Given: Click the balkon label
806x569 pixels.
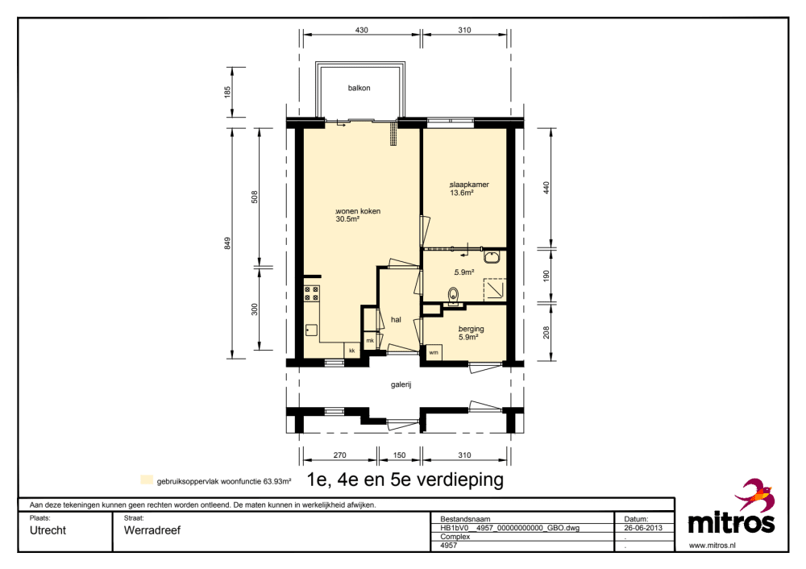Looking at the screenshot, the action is pos(359,88).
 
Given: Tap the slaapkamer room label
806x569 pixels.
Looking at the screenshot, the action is pos(469,185).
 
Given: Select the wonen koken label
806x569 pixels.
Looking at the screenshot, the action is pos(359,211).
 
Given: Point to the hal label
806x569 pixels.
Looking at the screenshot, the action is pos(396,320).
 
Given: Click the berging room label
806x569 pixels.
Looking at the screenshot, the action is pos(472,329).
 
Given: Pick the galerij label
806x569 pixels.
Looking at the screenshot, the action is pos(401,384).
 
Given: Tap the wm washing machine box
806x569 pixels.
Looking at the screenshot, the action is pos(434,353).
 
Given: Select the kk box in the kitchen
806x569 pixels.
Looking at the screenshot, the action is pos(352,351).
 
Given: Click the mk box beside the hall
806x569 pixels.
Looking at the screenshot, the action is pos(370,340).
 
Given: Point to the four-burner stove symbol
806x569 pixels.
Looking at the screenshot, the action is pos(311,293).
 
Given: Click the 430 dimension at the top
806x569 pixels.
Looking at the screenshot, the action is pos(362,31).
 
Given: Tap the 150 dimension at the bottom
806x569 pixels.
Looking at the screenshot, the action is pos(400,455).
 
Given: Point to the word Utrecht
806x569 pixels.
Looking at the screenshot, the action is pos(48,530).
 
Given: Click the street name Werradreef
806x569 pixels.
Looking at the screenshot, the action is pos(152,530).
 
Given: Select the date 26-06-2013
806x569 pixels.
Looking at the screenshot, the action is pos(643,528).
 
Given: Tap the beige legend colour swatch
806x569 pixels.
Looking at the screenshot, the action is pos(147,480).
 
